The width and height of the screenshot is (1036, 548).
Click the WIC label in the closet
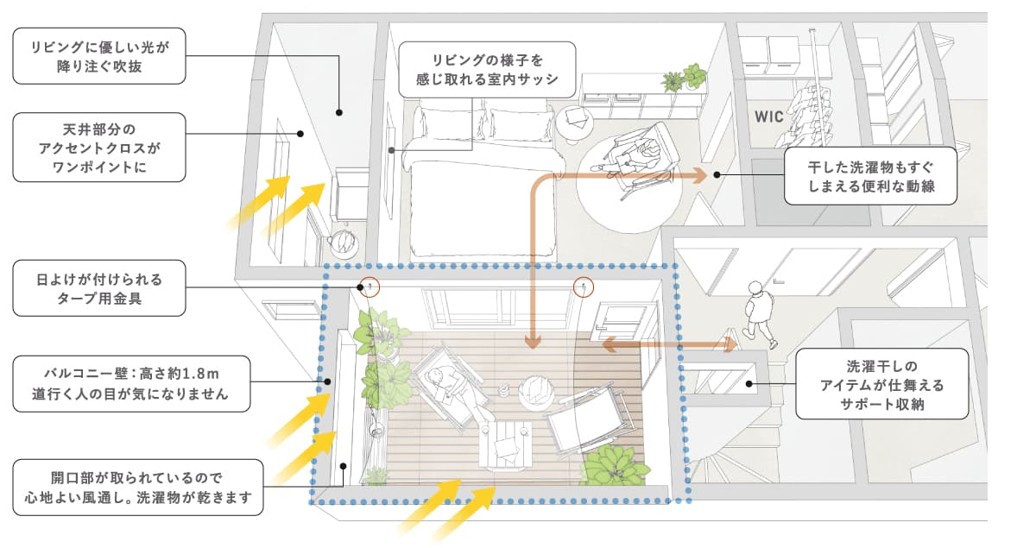point(768,116)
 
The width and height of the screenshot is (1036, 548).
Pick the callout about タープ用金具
point(99,287)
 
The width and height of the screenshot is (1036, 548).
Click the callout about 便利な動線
point(870,174)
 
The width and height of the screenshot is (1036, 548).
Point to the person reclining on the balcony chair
point(449,387)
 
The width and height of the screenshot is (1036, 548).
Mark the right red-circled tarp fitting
point(584,287)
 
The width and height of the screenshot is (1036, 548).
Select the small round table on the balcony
point(538,389)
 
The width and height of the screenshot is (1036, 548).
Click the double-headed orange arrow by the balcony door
point(668,345)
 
